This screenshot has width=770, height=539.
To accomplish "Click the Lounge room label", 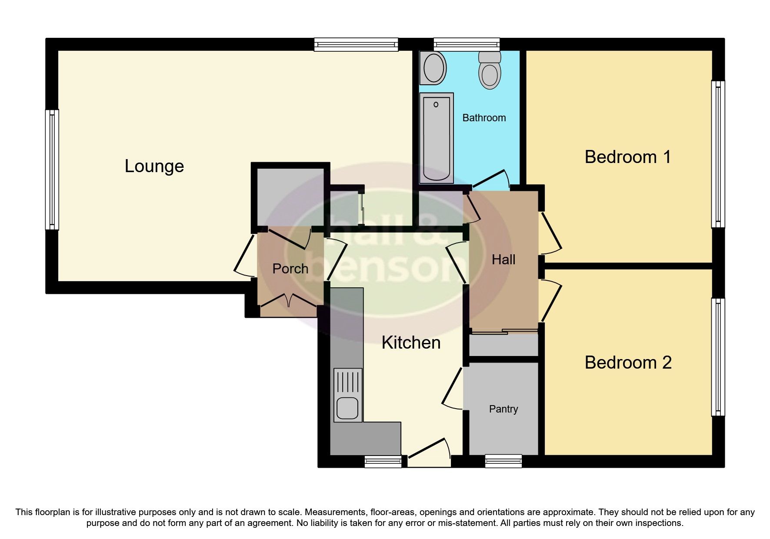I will (x=154, y=166).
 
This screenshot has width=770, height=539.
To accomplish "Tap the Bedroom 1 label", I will (x=627, y=157).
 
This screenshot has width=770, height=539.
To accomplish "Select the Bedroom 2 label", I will (x=628, y=363).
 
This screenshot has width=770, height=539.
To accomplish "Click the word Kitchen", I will (x=411, y=343).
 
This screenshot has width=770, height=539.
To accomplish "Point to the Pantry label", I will (x=503, y=409).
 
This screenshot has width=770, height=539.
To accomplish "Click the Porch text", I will (x=290, y=269).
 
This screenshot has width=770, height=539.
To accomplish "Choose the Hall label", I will (x=503, y=260).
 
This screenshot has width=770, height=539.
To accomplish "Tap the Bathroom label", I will (x=484, y=118).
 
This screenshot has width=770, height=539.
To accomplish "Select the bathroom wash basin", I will (x=433, y=69).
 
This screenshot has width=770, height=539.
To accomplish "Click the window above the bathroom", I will (x=467, y=43).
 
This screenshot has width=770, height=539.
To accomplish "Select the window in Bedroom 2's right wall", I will (x=718, y=356).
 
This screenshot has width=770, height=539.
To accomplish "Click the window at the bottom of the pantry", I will (x=503, y=461).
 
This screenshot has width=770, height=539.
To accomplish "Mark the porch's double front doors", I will (x=288, y=301).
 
